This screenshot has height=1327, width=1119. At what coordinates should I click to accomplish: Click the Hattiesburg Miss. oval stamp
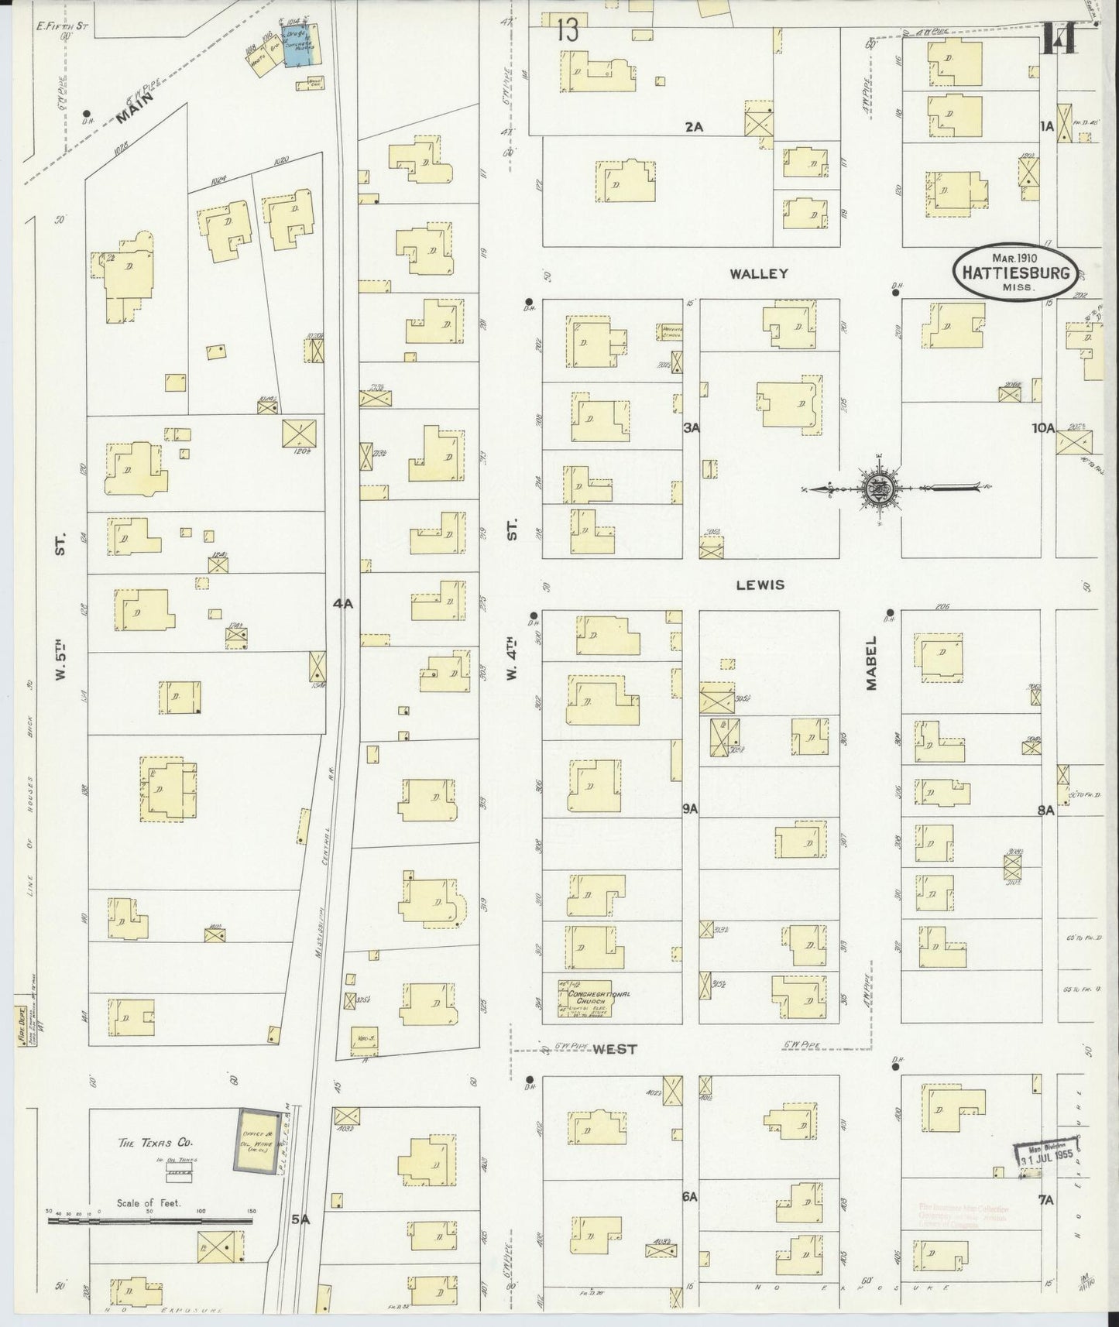1015,271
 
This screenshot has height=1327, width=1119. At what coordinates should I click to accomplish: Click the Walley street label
767,273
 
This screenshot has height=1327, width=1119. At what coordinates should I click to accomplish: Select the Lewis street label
760,585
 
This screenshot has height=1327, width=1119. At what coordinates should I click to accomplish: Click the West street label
615,1049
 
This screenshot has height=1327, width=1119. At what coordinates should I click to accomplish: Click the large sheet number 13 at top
567,32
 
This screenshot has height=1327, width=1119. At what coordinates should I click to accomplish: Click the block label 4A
343,604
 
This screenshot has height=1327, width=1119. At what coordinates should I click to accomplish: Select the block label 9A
690,809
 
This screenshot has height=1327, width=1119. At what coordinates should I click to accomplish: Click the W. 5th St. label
60,604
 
